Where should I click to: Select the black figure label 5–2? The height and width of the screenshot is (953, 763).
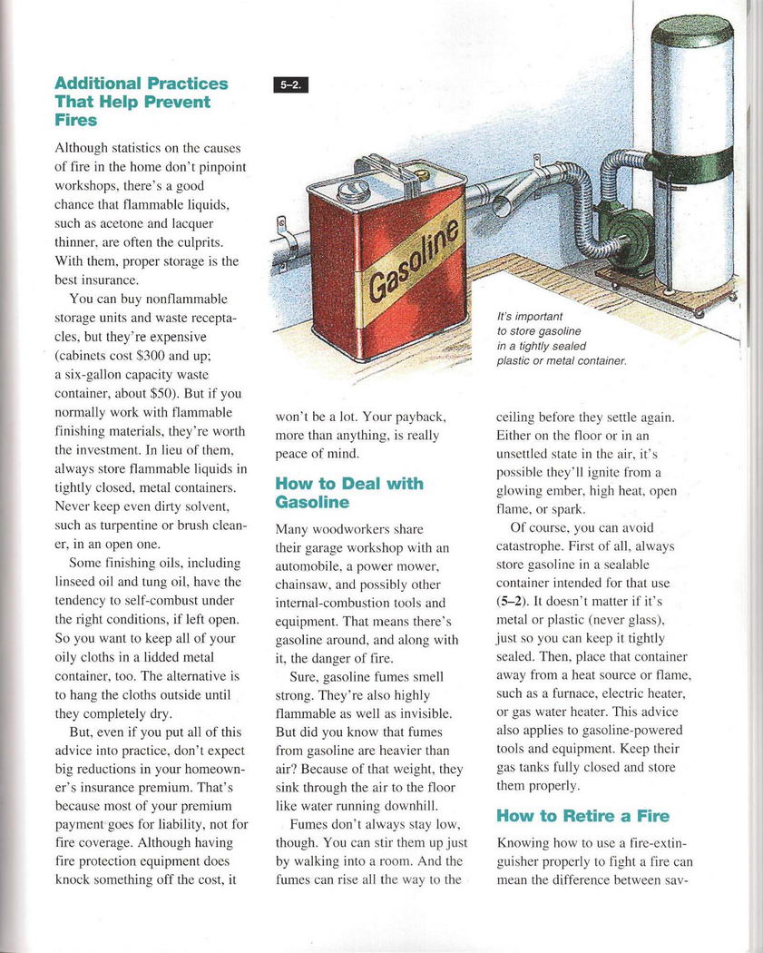click(x=290, y=86)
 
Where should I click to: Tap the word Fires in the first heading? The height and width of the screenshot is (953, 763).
click(x=75, y=120)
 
